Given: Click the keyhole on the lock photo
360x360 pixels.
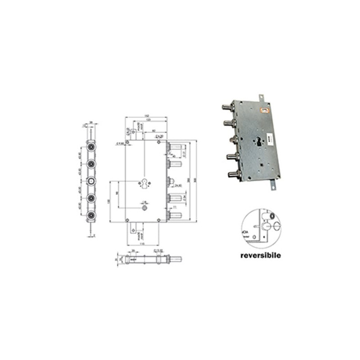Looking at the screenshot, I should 259,140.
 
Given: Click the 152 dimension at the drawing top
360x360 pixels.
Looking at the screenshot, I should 147,117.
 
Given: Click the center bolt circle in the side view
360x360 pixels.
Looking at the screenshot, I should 91,181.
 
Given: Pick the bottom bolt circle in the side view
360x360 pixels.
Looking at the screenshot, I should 91,215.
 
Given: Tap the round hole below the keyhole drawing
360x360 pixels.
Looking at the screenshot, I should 144,208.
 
